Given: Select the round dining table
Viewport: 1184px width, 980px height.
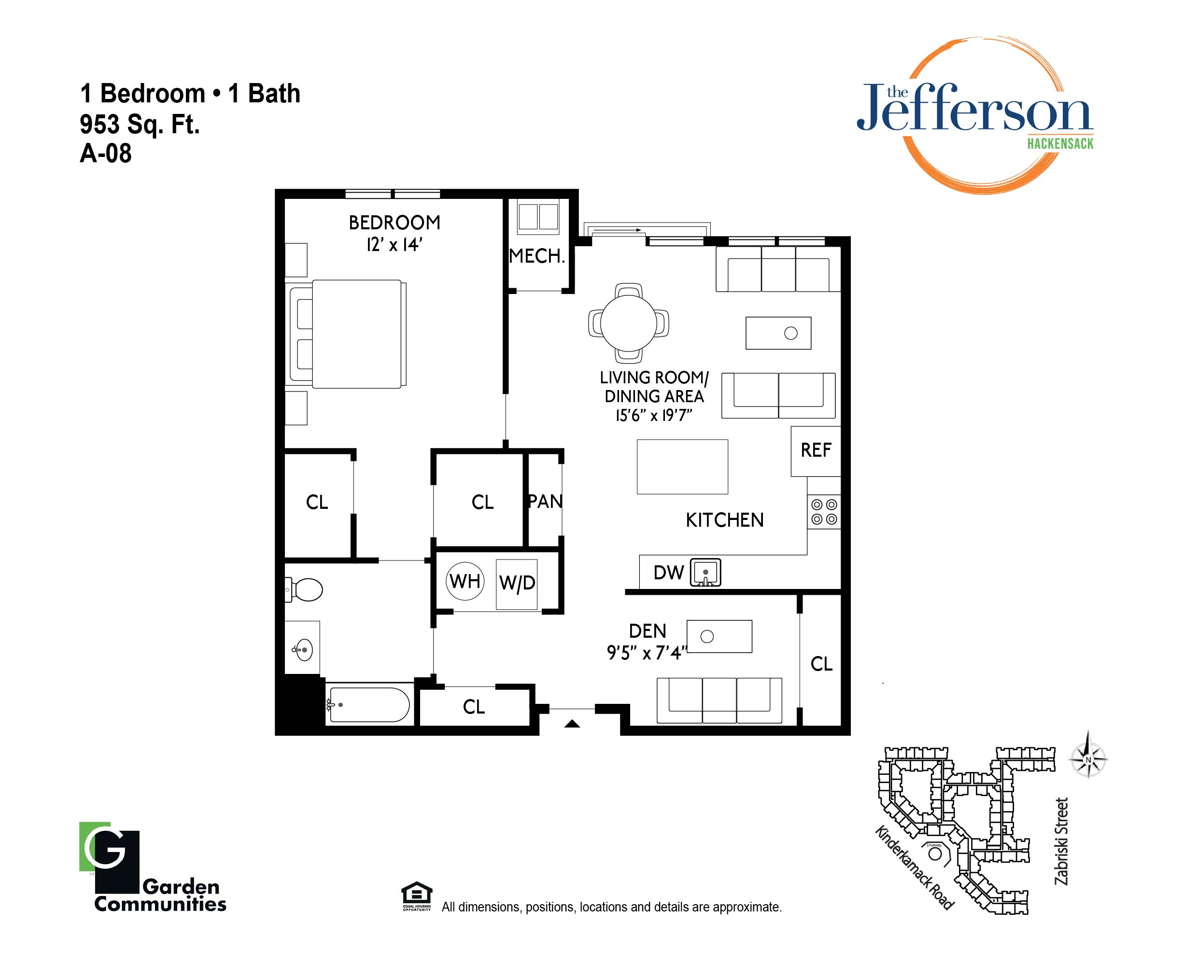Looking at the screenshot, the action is (x=629, y=323).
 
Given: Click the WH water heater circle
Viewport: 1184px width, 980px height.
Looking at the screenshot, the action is (x=465, y=581).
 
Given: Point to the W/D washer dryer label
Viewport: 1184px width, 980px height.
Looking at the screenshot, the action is (x=517, y=583).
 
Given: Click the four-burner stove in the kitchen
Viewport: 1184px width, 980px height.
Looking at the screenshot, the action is (x=824, y=512).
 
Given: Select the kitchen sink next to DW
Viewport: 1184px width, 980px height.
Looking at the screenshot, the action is (x=705, y=573).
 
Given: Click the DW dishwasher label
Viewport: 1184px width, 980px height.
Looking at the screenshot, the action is (x=669, y=573).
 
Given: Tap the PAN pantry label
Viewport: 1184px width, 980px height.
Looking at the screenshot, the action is (x=545, y=502).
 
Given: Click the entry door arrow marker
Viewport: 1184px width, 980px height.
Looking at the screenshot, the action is (x=572, y=724).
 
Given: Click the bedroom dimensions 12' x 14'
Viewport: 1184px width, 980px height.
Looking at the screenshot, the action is (x=394, y=245).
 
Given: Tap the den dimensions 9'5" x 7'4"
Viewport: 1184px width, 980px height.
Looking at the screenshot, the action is (x=647, y=653).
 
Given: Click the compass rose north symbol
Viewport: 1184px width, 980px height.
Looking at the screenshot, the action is (x=1088, y=759).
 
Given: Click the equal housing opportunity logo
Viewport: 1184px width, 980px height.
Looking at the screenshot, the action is (x=417, y=896).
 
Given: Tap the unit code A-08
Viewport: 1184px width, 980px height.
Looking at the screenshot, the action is (x=106, y=154).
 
